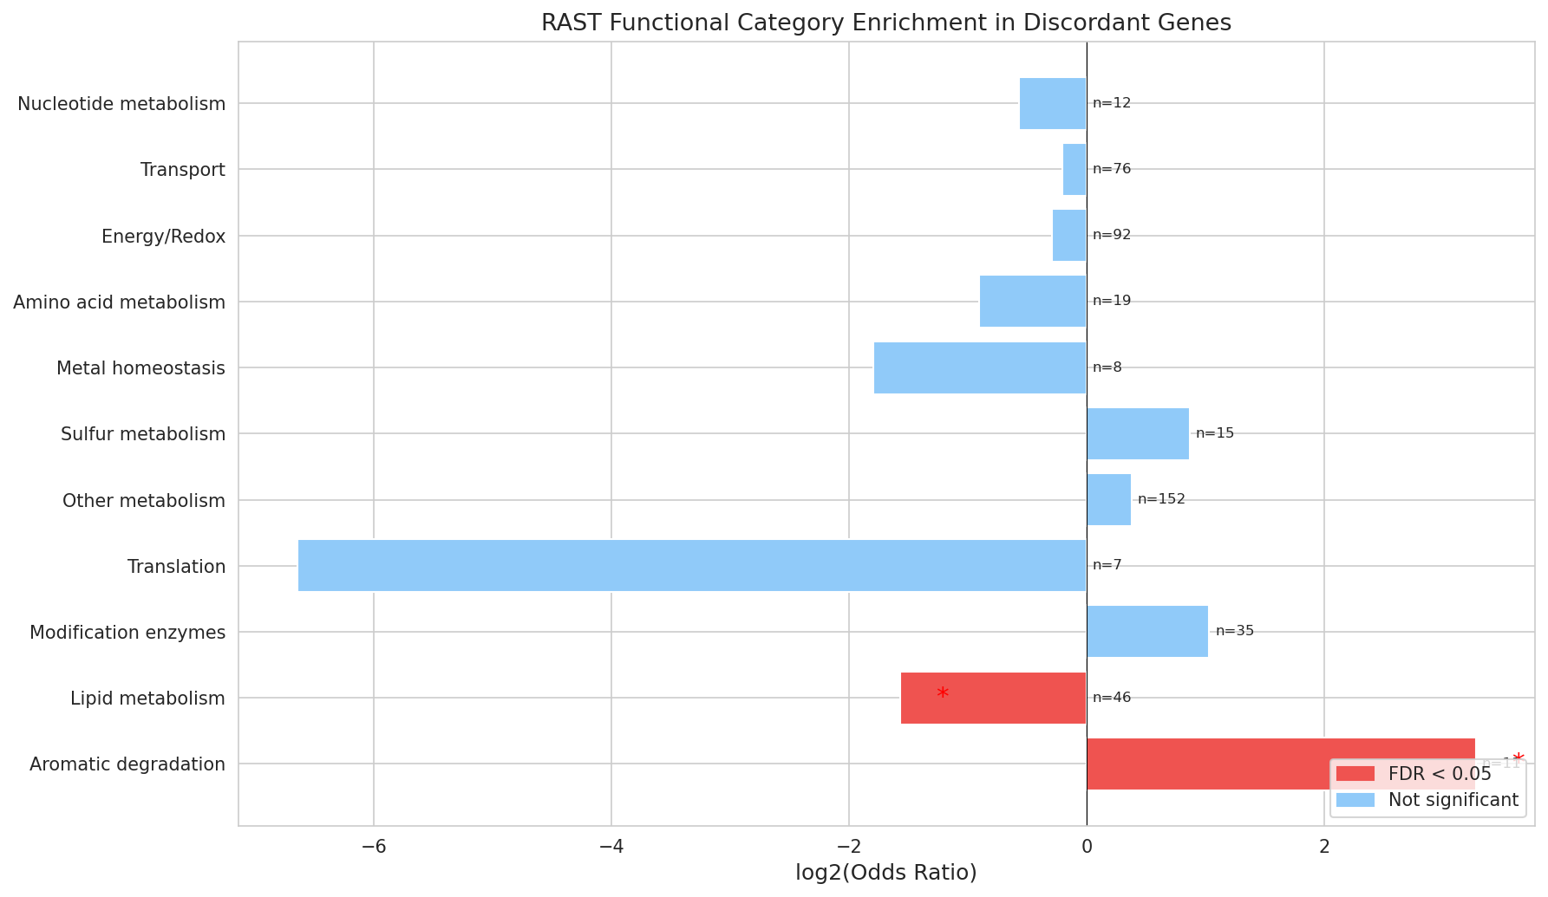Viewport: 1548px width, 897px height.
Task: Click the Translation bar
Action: point(692,566)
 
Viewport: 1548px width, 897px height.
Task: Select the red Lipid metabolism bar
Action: point(994,698)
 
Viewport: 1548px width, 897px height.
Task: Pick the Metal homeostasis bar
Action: point(980,367)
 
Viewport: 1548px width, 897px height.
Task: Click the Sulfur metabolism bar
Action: point(1138,433)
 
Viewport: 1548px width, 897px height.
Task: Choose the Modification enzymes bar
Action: point(1147,632)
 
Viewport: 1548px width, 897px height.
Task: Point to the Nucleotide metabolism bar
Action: point(1053,103)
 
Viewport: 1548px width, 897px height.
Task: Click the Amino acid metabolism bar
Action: point(1033,302)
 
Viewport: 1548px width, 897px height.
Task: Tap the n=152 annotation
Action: point(1161,499)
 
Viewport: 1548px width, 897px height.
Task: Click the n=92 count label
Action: point(1112,235)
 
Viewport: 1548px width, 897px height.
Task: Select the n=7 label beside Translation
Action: point(1107,565)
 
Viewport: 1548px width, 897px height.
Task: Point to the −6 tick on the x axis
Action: point(374,846)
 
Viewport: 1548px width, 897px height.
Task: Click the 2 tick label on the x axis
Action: point(1324,846)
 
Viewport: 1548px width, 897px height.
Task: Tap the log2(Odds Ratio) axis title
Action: point(885,873)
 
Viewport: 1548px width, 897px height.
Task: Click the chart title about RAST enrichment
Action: point(885,23)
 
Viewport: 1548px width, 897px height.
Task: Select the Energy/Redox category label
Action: point(163,236)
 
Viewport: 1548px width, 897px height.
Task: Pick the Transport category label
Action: point(183,170)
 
